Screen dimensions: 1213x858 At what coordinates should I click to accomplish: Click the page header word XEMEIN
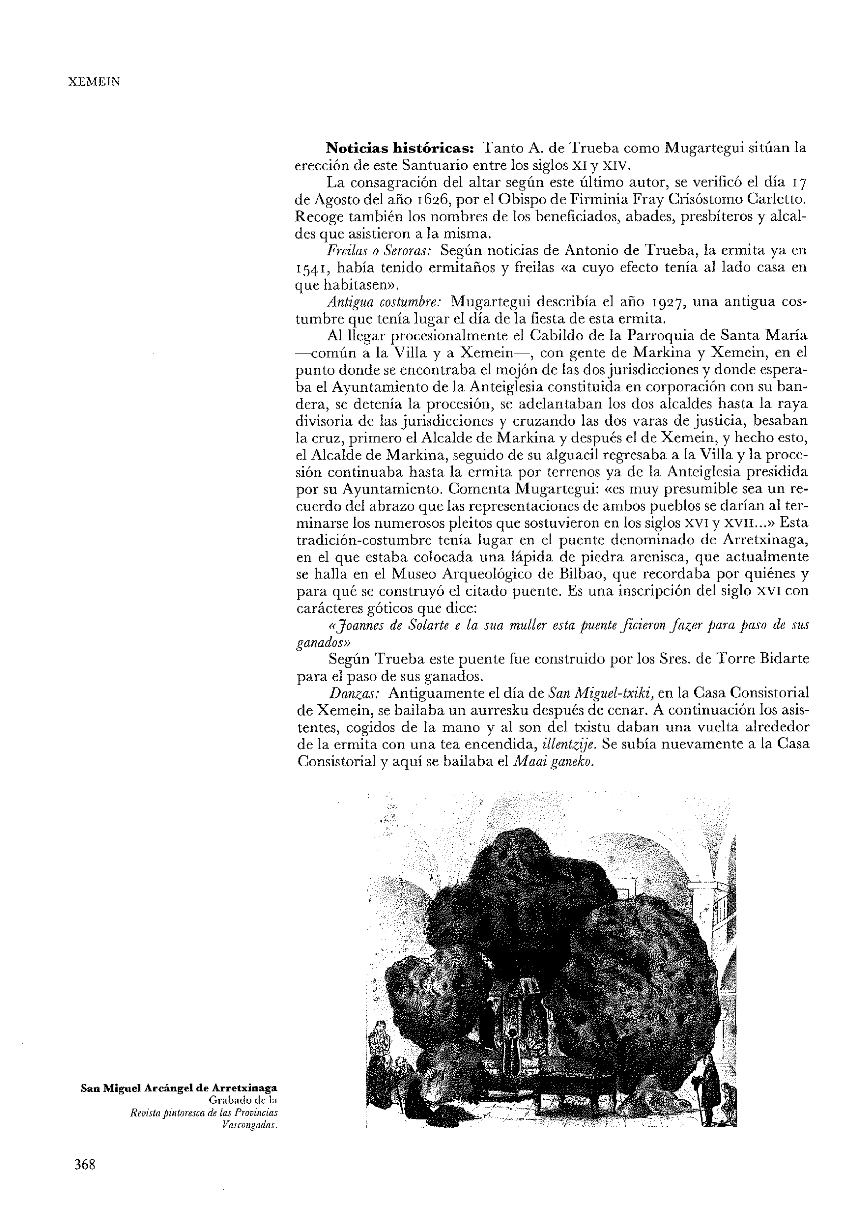[95, 82]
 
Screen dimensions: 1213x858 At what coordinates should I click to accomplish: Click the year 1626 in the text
[430, 200]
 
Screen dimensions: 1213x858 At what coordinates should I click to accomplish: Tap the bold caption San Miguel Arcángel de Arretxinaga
[179, 1088]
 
